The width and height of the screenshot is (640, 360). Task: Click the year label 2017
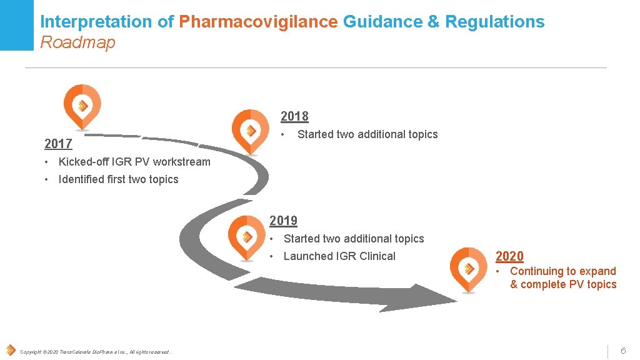58,144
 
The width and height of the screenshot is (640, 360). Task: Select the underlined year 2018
294,116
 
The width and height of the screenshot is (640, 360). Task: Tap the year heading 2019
283,221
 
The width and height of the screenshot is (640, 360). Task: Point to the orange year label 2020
509,256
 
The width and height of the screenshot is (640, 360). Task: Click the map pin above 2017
82,105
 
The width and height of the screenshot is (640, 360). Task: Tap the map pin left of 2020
468,268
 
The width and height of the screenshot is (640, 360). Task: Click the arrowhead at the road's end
401,300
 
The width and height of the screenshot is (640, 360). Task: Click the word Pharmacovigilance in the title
258,22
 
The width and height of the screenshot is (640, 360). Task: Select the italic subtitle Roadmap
77,42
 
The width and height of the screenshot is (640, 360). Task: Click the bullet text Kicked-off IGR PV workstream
134,162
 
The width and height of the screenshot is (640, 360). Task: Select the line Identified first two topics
118,179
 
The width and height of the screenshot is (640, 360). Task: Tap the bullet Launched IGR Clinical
339,256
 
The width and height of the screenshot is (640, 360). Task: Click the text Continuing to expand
562,271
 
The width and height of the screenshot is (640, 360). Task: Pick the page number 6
622,351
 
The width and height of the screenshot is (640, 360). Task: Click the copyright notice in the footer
95,352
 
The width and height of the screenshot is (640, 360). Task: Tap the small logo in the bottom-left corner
10,351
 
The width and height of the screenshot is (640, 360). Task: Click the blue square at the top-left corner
16,25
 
